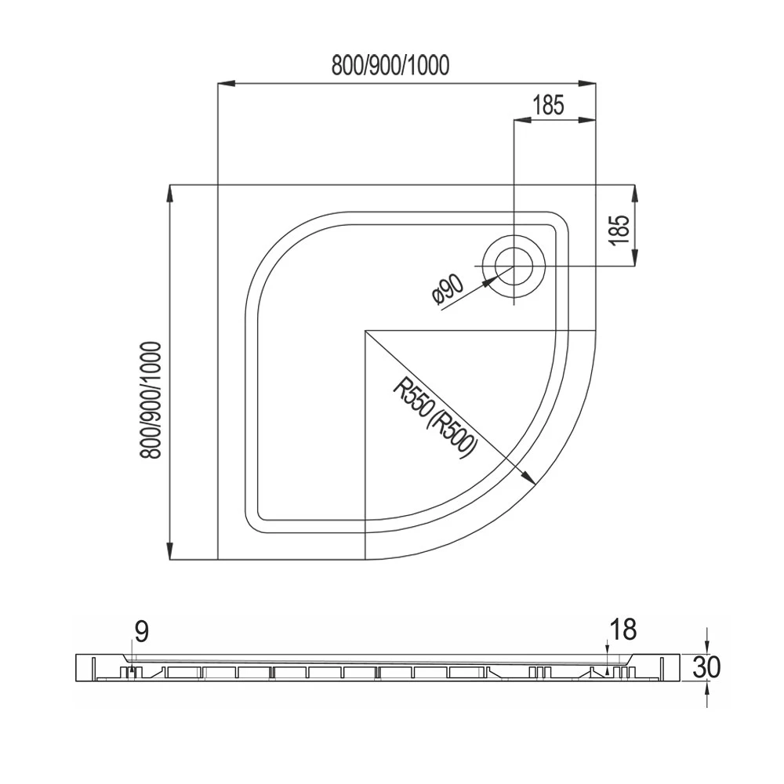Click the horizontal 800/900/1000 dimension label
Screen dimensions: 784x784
pos(390,66)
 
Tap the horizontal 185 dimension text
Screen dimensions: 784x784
pos(549,105)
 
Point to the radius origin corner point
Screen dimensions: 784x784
pos(365,331)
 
